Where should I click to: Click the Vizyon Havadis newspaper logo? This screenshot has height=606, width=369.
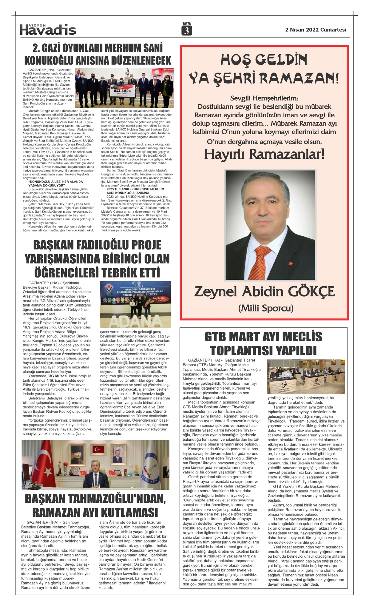tap(48, 29)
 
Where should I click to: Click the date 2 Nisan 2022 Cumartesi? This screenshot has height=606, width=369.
tap(315, 30)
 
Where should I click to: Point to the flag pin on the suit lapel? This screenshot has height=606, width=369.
tap(290, 263)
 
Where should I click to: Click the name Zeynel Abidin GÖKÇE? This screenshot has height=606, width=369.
tap(264, 292)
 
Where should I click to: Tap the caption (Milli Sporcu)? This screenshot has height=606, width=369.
tap(266, 308)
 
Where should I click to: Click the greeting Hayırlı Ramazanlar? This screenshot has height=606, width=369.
tap(264, 154)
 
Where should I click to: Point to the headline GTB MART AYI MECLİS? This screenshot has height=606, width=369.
tap(263, 337)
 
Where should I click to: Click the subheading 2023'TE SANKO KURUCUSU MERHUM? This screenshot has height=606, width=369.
tap(135, 189)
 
